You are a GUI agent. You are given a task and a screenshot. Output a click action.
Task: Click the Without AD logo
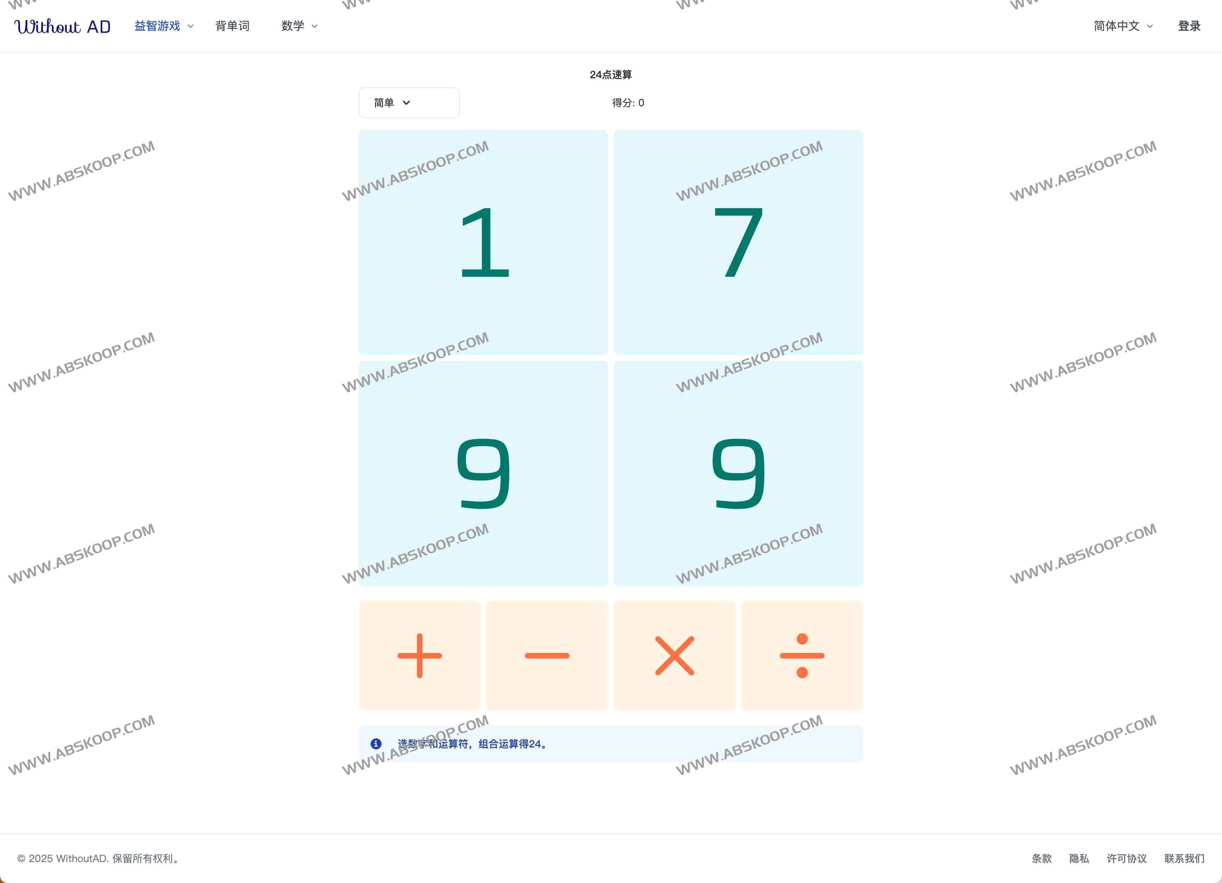62,26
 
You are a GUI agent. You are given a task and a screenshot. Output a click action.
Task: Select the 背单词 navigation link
232,26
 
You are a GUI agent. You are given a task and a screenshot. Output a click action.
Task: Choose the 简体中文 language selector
1123,26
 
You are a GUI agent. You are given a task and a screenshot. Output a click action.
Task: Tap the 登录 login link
1189,26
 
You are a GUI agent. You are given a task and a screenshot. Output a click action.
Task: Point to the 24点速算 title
611,74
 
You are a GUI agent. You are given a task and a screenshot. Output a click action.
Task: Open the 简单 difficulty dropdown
409,102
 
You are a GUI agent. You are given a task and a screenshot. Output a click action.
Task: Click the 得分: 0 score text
628,102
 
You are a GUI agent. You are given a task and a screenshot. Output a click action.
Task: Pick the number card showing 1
483,242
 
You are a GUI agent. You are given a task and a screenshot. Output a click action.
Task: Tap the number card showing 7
738,242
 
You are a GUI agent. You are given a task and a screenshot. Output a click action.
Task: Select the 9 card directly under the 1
483,473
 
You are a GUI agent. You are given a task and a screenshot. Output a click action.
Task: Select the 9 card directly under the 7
738,473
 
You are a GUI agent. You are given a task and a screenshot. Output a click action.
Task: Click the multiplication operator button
674,656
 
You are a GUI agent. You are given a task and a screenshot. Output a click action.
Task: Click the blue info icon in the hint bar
376,744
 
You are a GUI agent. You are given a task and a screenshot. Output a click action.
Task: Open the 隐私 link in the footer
1079,858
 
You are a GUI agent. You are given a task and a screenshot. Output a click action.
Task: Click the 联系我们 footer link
1184,858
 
